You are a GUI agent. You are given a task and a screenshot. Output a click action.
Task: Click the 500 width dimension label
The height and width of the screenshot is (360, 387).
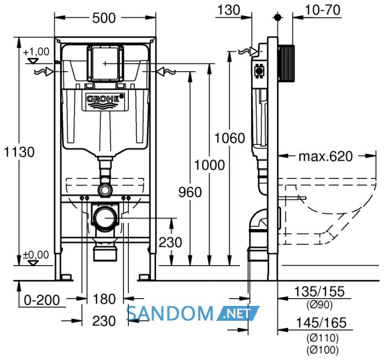coord(104,18)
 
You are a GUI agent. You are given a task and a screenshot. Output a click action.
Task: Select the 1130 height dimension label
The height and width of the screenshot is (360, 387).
coord(19,152)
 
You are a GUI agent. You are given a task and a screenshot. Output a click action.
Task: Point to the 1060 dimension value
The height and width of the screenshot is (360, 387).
coord(230,138)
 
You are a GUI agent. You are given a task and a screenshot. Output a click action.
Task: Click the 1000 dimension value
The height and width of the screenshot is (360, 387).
coord(210,165)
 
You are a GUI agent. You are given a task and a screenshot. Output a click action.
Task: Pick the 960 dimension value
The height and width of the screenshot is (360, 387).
coord(190,192)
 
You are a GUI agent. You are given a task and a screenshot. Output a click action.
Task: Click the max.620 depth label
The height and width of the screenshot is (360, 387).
coord(326,157)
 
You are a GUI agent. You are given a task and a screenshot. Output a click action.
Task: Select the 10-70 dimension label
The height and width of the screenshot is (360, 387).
coord(322,10)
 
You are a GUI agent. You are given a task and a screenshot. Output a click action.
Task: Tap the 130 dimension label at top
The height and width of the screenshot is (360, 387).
coord(229,10)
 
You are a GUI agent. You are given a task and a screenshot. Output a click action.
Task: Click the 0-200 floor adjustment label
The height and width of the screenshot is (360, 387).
coord(42,300)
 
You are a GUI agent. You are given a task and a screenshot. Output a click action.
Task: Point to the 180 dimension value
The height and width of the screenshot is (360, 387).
coord(104,299)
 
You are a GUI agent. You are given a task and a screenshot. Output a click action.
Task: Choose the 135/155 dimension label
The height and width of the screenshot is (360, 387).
coord(320,292)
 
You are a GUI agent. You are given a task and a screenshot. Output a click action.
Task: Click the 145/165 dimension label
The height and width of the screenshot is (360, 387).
coord(321,323)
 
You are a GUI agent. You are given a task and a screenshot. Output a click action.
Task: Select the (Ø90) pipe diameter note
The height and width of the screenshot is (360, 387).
coord(320,305)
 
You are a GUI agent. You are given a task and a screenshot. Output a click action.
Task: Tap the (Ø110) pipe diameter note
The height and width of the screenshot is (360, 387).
coord(322,337)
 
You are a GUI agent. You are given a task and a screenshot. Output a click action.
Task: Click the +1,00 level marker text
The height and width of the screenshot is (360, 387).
coord(36,52)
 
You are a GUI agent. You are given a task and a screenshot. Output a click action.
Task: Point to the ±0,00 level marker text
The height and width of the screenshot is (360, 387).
coord(36,255)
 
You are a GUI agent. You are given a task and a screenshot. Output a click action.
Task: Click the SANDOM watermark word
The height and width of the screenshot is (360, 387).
coord(170,314)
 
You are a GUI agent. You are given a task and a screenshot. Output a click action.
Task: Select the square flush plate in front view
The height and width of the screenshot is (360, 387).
coord(105,63)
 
